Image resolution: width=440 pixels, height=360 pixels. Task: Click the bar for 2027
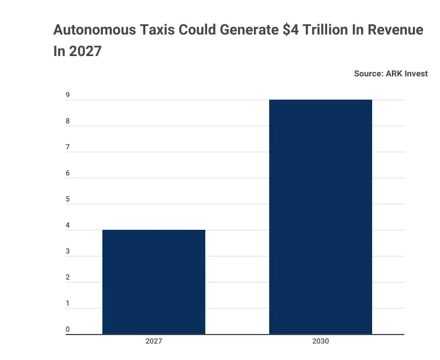(x=153, y=282)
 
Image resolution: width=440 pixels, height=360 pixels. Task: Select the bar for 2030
(x=320, y=217)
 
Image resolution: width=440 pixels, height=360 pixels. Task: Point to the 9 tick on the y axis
(x=67, y=95)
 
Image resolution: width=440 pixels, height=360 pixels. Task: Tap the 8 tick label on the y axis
(x=67, y=121)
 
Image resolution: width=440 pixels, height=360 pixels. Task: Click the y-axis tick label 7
(x=67, y=147)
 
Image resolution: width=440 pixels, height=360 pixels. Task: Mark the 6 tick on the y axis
(x=67, y=173)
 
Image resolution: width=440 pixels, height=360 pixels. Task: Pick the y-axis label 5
(x=67, y=199)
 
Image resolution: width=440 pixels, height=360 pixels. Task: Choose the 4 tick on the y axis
(x=67, y=226)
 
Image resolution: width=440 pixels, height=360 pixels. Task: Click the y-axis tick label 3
(x=67, y=251)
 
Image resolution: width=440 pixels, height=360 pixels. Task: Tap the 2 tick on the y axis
(x=67, y=277)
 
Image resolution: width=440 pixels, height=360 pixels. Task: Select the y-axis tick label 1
(x=67, y=303)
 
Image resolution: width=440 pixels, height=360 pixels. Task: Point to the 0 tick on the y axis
(x=67, y=329)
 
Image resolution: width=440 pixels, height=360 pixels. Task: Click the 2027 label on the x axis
(x=153, y=342)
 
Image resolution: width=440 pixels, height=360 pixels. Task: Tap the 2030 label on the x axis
(x=320, y=342)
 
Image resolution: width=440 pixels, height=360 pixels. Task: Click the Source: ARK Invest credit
(x=391, y=74)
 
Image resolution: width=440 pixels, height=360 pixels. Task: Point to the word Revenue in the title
(x=395, y=31)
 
